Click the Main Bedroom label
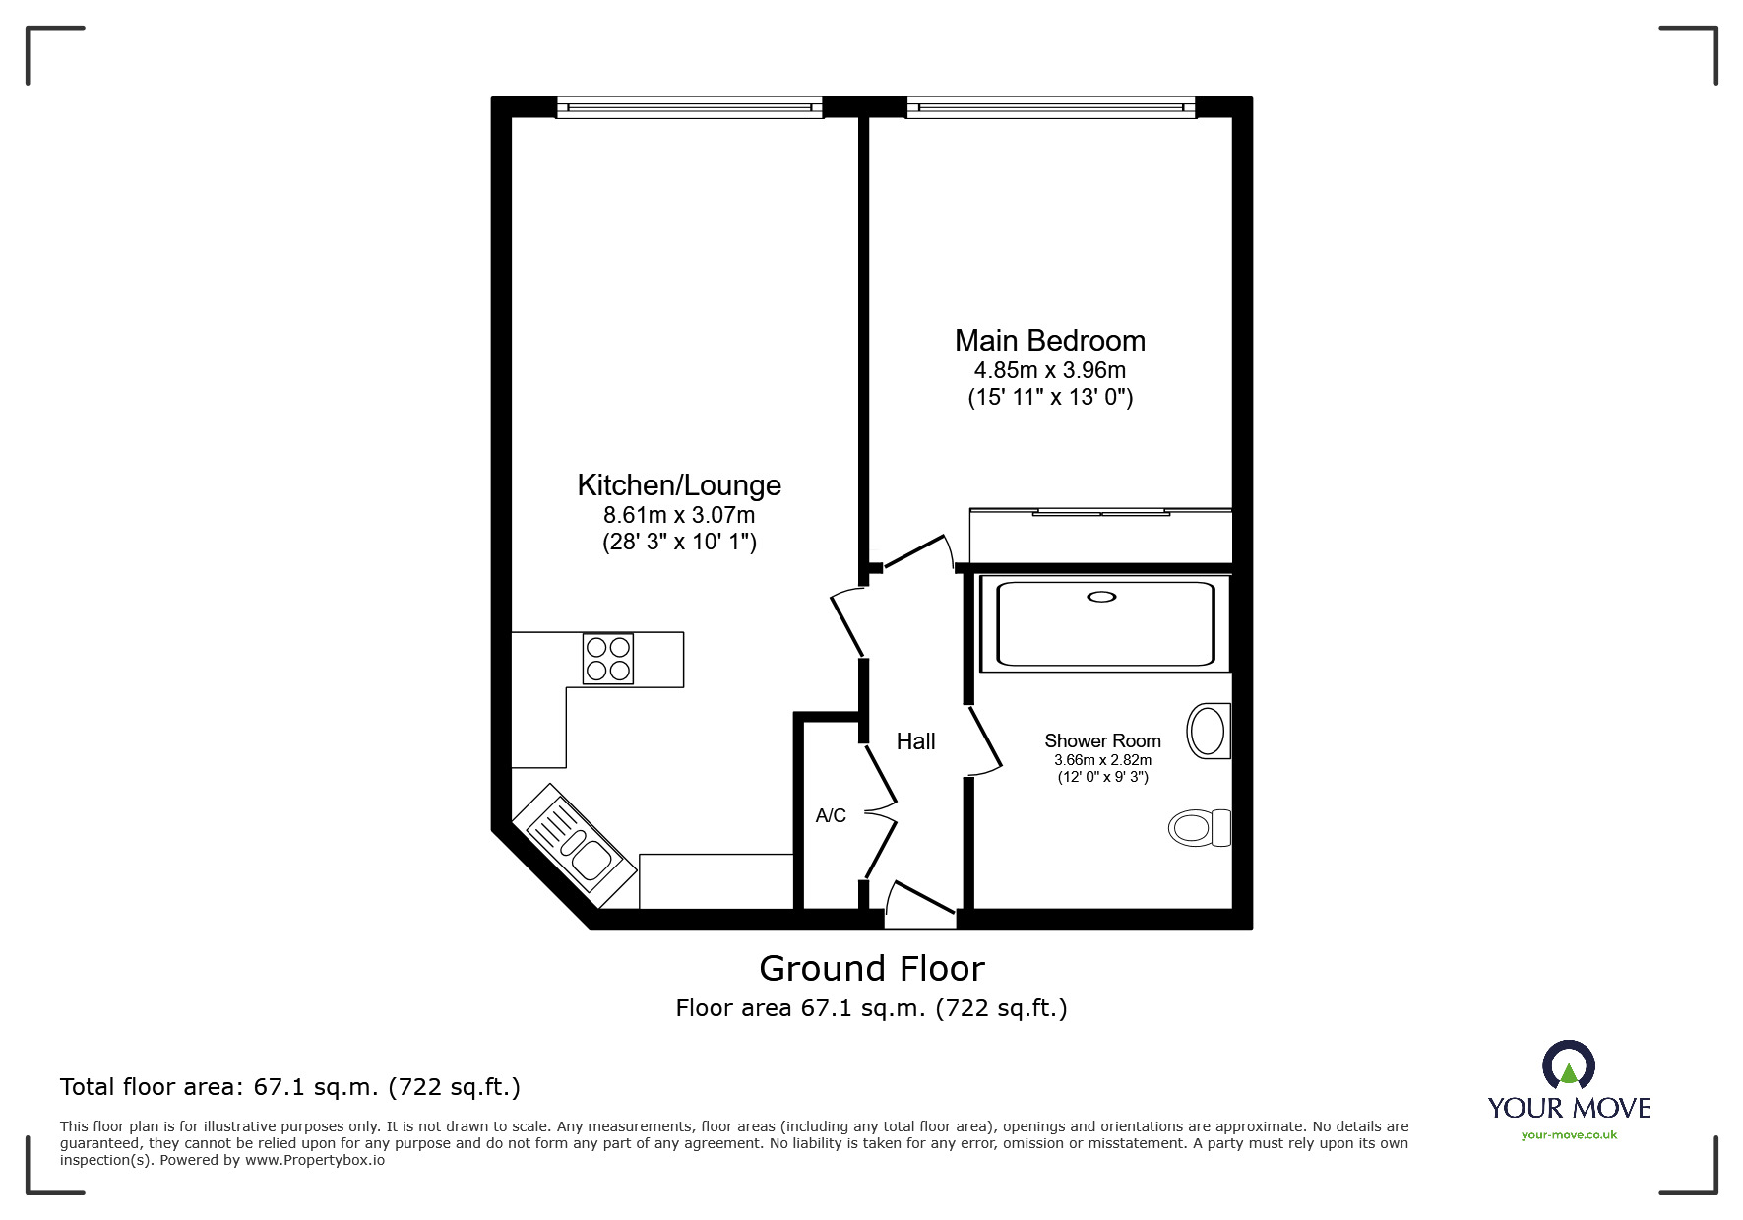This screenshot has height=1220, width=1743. [x=1049, y=341]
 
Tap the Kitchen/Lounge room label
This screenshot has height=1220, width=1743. [x=679, y=485]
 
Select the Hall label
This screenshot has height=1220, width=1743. [x=915, y=741]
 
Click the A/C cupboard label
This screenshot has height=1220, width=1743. [x=831, y=815]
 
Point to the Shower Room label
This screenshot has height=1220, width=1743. [x=1102, y=740]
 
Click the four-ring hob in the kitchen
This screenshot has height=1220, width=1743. [x=607, y=659]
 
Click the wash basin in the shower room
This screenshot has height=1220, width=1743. [x=1208, y=731]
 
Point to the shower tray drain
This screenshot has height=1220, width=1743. [x=1101, y=597]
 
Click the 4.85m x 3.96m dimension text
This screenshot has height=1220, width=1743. [x=1049, y=371]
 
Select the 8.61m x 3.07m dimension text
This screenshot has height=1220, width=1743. [x=679, y=515]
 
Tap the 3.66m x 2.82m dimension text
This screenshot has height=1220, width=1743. [x=1102, y=760]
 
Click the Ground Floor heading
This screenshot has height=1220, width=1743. [x=871, y=969]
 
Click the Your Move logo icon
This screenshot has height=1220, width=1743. [x=1568, y=1065]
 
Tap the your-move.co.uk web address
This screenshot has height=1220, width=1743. [x=1569, y=1135]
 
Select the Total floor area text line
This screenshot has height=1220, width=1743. [x=290, y=1087]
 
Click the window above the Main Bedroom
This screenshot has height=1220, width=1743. [x=1050, y=107]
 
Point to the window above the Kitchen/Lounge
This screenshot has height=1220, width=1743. [x=689, y=107]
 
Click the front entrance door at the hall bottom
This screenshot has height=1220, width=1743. [x=920, y=906]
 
